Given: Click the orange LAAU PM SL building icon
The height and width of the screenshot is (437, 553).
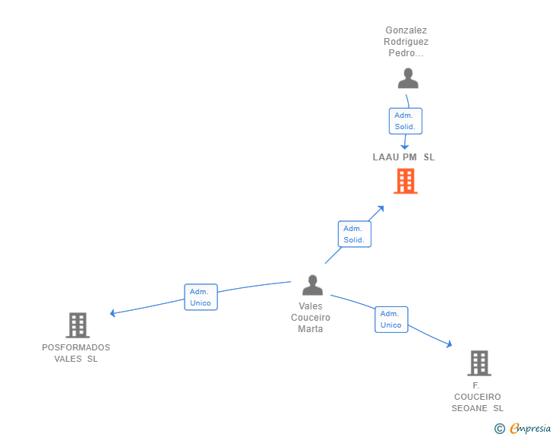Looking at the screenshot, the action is [x=406, y=181].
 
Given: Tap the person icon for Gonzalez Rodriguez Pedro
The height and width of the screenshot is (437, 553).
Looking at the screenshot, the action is [x=408, y=78].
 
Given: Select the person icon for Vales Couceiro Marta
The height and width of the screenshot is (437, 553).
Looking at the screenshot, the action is [x=312, y=285].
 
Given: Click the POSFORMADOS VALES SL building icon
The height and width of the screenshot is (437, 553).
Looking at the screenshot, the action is [x=77, y=325].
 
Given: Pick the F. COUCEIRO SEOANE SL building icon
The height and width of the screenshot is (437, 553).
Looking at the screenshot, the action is [x=479, y=363].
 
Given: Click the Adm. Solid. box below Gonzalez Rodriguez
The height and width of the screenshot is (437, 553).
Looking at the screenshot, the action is [x=406, y=121].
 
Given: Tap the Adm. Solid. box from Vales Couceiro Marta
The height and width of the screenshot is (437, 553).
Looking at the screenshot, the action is [x=355, y=234].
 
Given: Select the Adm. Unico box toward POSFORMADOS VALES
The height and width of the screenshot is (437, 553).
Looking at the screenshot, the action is [x=201, y=297].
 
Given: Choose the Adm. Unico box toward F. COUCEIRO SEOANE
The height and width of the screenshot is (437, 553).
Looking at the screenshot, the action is [x=391, y=319].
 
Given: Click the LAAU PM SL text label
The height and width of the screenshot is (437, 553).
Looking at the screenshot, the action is [x=404, y=157].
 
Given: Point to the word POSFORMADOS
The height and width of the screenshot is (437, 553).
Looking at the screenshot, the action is [x=76, y=347].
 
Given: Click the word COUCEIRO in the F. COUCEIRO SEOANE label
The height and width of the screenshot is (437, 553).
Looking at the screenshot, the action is [x=478, y=397].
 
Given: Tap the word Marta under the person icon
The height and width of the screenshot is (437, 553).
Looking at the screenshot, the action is [x=311, y=329].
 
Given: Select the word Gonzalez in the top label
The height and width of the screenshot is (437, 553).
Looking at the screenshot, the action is [x=406, y=30].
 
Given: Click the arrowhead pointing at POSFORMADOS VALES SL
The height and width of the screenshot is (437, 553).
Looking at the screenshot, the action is [x=112, y=313].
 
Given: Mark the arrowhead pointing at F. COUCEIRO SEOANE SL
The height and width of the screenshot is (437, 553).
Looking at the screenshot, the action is [x=450, y=344].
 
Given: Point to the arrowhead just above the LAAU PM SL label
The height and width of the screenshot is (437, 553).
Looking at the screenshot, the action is [x=405, y=147].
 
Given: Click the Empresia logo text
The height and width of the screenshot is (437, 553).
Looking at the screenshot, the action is [x=530, y=428].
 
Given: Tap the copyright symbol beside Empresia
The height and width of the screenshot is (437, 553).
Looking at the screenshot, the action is [x=500, y=429].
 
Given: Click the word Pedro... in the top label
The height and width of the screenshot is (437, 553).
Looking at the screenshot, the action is [x=406, y=53].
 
